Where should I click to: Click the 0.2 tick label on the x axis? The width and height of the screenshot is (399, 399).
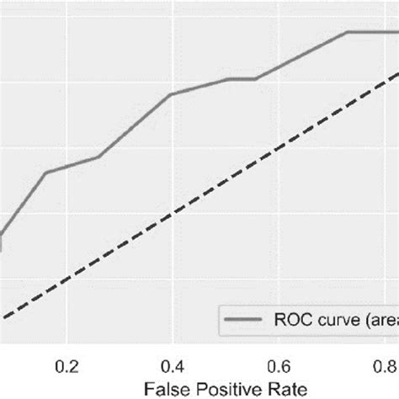click(x=66, y=366)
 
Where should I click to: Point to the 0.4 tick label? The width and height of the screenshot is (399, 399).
click(x=173, y=366)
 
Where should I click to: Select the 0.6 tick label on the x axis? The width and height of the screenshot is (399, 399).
click(x=279, y=366)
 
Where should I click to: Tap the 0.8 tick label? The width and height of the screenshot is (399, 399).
click(x=384, y=366)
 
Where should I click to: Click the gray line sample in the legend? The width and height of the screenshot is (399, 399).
click(x=244, y=319)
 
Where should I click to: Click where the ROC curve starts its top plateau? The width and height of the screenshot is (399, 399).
click(x=347, y=32)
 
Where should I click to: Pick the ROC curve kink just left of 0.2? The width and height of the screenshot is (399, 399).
click(x=45, y=173)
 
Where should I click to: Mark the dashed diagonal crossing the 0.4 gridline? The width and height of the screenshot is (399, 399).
click(x=173, y=214)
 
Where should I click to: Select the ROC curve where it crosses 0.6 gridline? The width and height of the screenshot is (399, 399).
click(x=279, y=67)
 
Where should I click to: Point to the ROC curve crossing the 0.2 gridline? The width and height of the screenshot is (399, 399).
click(x=66, y=167)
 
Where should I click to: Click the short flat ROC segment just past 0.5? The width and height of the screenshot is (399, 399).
click(x=242, y=79)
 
